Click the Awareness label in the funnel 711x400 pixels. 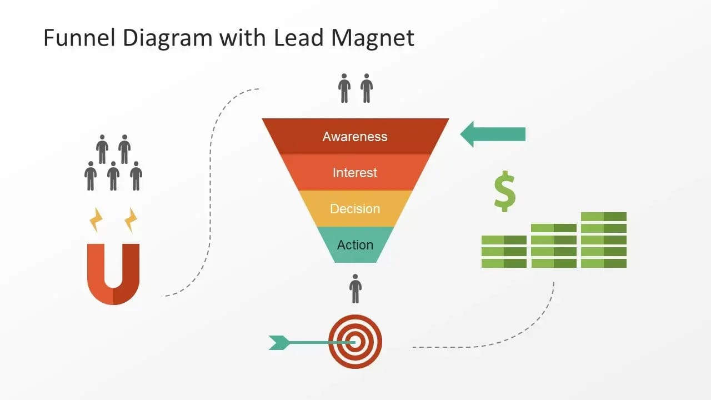pyautogui.click(x=355, y=137)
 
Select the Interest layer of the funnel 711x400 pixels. pyautogui.click(x=355, y=173)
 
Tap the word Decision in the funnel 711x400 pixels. pyautogui.click(x=355, y=209)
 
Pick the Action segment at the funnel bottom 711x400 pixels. pyautogui.click(x=355, y=245)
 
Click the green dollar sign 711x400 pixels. pyautogui.click(x=504, y=192)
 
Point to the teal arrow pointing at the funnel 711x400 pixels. pyautogui.click(x=493, y=134)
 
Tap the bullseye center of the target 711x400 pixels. pyautogui.click(x=355, y=342)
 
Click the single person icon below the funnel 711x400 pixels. pyautogui.click(x=355, y=288)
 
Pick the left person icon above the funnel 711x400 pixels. pyautogui.click(x=344, y=88)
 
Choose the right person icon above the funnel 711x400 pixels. pyautogui.click(x=367, y=88)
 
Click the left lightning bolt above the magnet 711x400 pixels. pyautogui.click(x=97, y=220)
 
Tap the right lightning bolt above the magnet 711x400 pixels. pyautogui.click(x=131, y=220)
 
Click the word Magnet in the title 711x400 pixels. pyautogui.click(x=373, y=38)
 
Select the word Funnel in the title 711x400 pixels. pyautogui.click(x=79, y=38)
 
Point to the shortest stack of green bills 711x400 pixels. pyautogui.click(x=504, y=252)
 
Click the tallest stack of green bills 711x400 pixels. pyautogui.click(x=604, y=240)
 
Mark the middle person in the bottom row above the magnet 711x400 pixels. pyautogui.click(x=113, y=176)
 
